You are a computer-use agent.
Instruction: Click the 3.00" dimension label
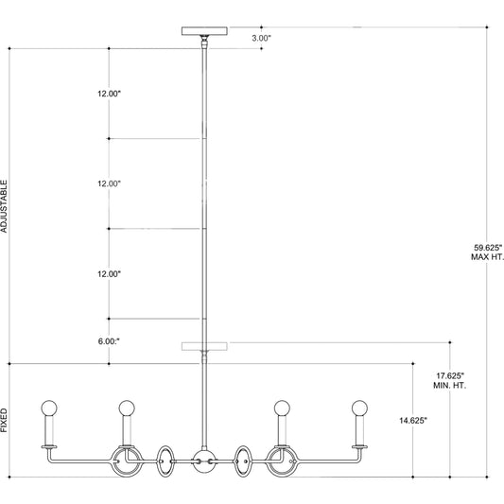(x=261, y=39)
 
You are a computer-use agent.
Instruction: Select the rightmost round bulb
(x=358, y=408)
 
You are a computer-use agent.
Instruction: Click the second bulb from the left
(x=125, y=408)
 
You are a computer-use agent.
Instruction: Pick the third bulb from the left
(x=281, y=408)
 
